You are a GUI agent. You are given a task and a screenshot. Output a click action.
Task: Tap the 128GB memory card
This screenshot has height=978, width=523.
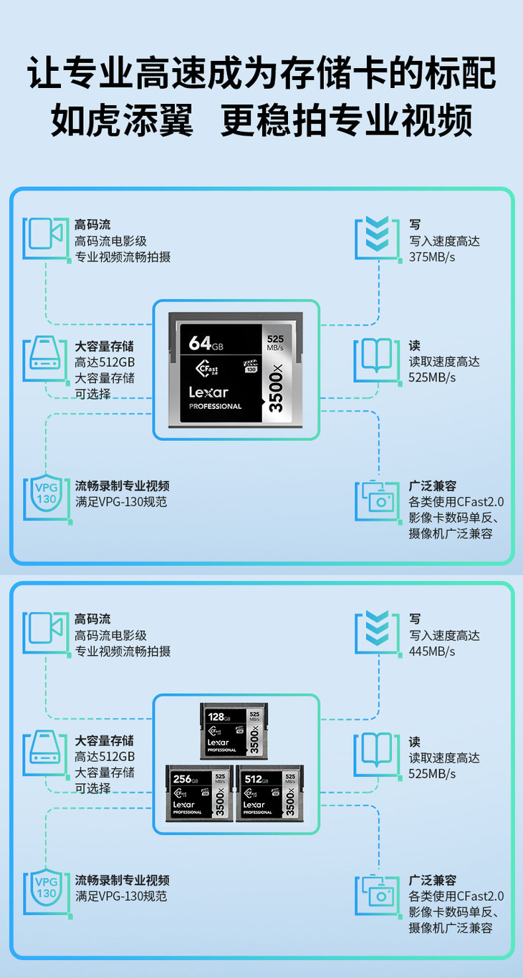(x=234, y=730)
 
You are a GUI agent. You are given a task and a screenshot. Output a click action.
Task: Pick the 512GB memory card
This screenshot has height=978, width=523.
(x=270, y=792)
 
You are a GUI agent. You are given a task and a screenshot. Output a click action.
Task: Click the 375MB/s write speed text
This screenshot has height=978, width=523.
(x=432, y=257)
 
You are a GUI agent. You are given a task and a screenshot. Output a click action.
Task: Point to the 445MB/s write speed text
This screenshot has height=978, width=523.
(x=432, y=652)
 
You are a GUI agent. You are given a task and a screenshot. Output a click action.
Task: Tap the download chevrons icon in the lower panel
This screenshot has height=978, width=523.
(x=377, y=630)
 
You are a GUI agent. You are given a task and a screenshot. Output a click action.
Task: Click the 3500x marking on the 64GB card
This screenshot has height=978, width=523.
(x=276, y=387)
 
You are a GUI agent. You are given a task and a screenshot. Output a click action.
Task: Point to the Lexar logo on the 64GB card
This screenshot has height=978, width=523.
(x=208, y=392)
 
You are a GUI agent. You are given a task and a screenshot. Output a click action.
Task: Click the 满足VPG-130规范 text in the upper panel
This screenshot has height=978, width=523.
(x=121, y=502)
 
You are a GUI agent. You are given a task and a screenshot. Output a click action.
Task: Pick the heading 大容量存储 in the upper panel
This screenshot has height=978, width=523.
(x=105, y=346)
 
